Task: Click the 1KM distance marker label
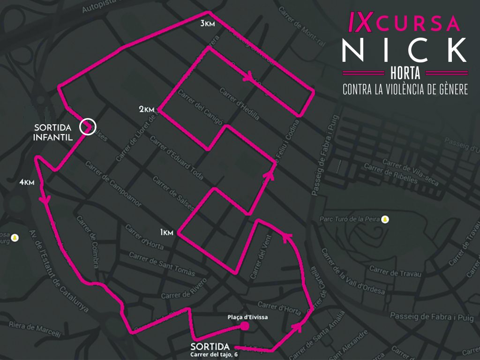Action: (x=167, y=232)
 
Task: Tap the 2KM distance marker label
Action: (x=147, y=109)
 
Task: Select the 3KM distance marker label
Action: (x=208, y=24)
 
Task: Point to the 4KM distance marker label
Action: (x=27, y=182)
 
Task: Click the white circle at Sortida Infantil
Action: (x=88, y=127)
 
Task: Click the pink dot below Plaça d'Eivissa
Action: (x=244, y=326)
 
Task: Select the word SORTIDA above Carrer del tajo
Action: (x=210, y=346)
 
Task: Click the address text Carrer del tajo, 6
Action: (x=214, y=354)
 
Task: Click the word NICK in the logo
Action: (x=404, y=49)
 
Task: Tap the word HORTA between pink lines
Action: (x=405, y=73)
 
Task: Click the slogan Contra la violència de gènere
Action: (x=405, y=90)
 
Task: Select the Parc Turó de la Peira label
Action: (x=349, y=219)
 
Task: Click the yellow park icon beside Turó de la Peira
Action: (x=385, y=219)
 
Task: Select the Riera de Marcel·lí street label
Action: (x=35, y=329)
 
